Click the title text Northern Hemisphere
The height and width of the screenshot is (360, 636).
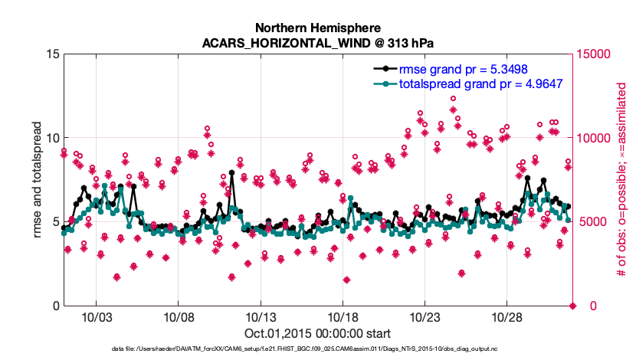click(318, 26)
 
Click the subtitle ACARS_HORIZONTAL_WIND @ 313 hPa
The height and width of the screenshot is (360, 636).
click(318, 42)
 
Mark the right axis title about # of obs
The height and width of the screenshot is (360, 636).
click(622, 180)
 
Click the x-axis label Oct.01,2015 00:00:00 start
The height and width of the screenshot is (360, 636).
click(318, 333)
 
